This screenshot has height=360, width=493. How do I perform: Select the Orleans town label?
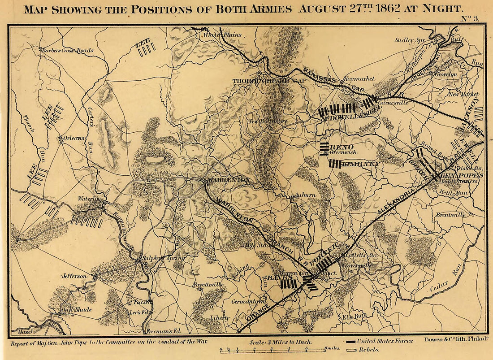(74, 139)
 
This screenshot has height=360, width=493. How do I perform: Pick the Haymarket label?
(358, 78)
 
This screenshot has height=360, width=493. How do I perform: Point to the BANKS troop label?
(275, 278)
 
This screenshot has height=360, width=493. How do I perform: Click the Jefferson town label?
(75, 276)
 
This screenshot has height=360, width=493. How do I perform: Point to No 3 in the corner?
(471, 18)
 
